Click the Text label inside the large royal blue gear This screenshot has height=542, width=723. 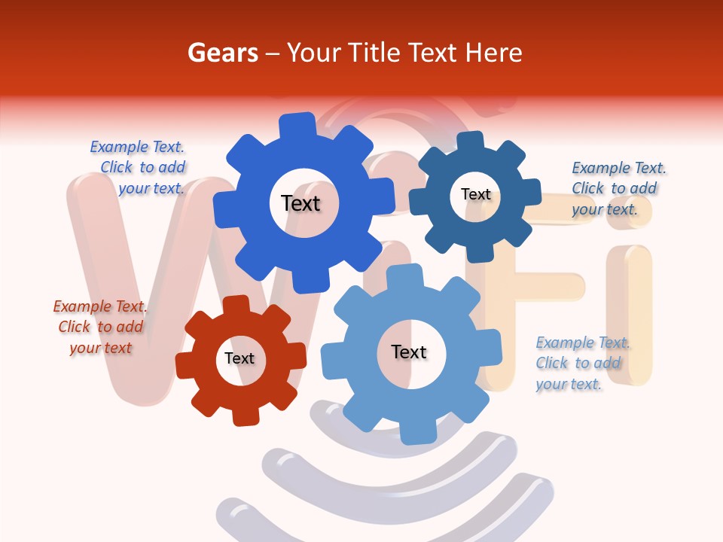tap(300, 203)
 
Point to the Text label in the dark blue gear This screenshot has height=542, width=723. tap(475, 194)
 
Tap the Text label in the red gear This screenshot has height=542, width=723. tap(239, 359)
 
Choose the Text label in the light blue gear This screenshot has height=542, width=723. tap(409, 352)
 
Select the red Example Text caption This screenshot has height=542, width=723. tap(100, 306)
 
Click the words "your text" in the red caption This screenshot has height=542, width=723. tap(101, 348)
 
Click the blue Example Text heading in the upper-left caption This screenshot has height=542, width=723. tap(137, 147)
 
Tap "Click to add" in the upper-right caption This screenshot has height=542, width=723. tap(614, 188)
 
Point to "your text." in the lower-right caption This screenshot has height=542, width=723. tap(569, 384)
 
